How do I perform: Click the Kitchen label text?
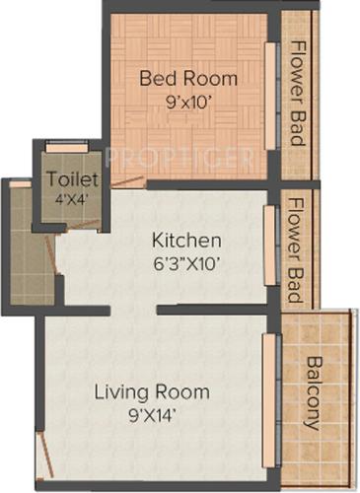(186, 241)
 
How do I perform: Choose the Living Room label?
(152, 391)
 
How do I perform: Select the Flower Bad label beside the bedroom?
(298, 93)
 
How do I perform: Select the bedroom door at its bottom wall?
(128, 182)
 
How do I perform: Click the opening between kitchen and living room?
(133, 310)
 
